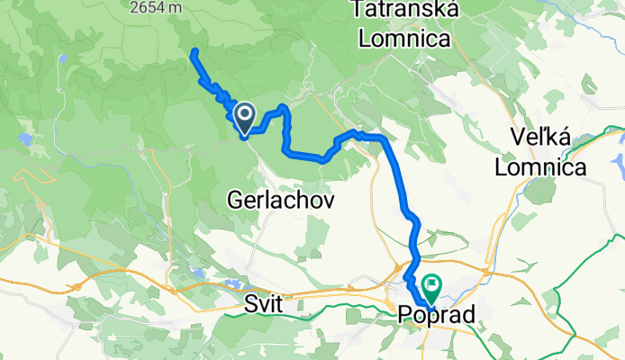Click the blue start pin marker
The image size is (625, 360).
tap(243, 114)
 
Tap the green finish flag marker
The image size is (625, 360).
tap(430, 287)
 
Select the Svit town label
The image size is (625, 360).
tap(264, 306)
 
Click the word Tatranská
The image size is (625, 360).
tap(409, 11)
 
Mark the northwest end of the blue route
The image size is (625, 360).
tap(194, 52)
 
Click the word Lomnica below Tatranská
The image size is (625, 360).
tap(404, 39)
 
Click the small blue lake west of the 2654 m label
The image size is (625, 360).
tap(62, 58)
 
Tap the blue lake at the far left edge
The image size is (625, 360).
tap(24, 139)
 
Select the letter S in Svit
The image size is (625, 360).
tap(249, 306)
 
